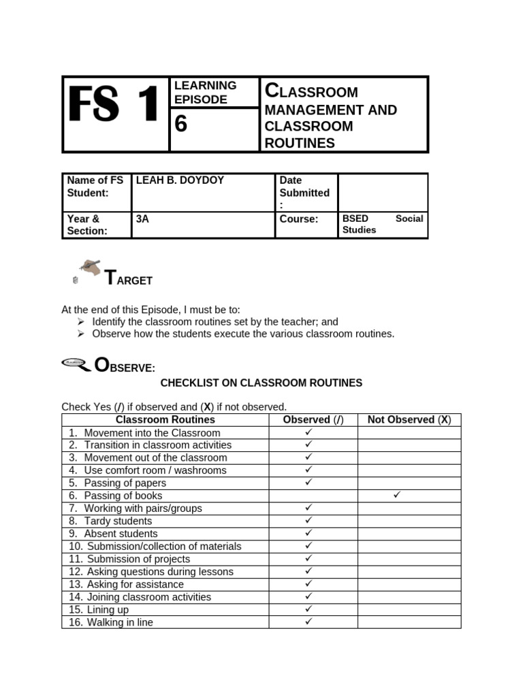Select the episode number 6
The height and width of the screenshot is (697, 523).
click(180, 125)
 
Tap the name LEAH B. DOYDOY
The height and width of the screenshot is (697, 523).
click(180, 180)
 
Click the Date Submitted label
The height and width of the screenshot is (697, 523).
click(304, 192)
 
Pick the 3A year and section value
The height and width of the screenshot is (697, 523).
click(142, 219)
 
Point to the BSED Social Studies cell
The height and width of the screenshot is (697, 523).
click(382, 224)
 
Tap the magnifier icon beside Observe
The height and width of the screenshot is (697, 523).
click(76, 364)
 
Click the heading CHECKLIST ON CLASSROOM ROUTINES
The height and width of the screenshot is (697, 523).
click(261, 383)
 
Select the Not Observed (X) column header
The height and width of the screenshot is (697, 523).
click(409, 420)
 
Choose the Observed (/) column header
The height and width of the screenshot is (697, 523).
click(313, 420)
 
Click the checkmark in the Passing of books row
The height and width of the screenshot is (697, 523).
click(398, 495)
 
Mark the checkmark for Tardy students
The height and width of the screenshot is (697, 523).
click(308, 520)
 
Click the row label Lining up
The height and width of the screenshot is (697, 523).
click(107, 609)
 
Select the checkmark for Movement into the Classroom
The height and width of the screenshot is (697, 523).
click(308, 432)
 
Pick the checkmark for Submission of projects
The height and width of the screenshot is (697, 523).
click(308, 558)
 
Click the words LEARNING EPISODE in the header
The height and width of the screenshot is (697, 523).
click(205, 92)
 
